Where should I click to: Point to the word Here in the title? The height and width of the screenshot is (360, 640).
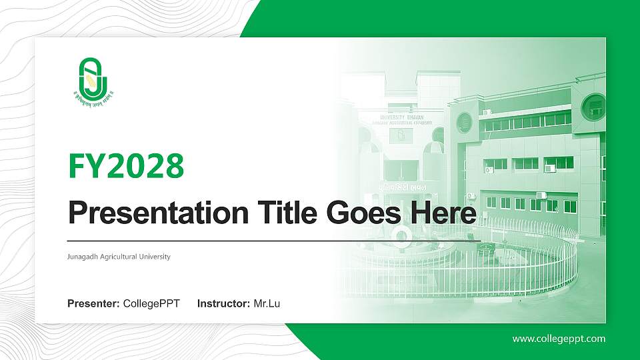click(445, 213)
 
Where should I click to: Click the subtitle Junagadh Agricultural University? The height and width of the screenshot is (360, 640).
click(119, 257)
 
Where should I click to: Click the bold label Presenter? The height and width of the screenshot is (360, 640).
click(93, 304)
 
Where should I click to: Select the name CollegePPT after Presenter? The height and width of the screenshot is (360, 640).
click(151, 304)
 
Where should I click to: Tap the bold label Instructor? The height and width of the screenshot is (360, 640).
click(224, 304)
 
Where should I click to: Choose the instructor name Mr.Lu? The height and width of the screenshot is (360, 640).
click(267, 304)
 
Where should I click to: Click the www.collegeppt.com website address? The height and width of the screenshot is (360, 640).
click(559, 339)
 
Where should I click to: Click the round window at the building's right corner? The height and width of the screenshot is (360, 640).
click(592, 107)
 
